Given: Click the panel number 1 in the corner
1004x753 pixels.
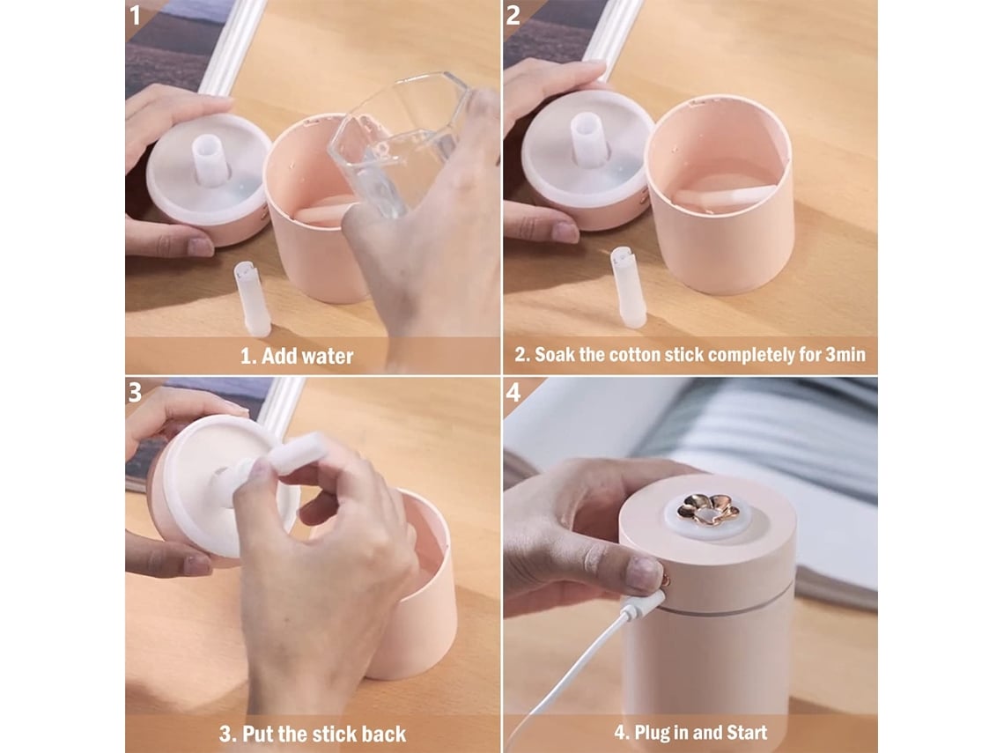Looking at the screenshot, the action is pos(135,15).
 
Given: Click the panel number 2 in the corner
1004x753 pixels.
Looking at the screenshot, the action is pos(513,15).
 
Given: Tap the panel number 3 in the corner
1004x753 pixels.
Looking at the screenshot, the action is pos(135,392).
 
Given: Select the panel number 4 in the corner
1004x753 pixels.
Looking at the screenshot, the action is pos(513,392).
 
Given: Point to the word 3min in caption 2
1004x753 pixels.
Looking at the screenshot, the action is pos(845,355).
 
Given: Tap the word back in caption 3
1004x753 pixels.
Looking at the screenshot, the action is pos(383,734).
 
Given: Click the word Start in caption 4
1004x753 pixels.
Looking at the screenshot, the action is pos(745,733).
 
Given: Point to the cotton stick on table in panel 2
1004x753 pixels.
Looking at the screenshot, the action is pos(629,287).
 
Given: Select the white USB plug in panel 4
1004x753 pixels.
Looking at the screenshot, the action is pos(642,605).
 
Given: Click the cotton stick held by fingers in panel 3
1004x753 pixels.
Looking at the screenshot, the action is pos(299,453).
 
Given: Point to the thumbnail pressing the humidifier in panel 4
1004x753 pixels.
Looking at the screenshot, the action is pos(644,573).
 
